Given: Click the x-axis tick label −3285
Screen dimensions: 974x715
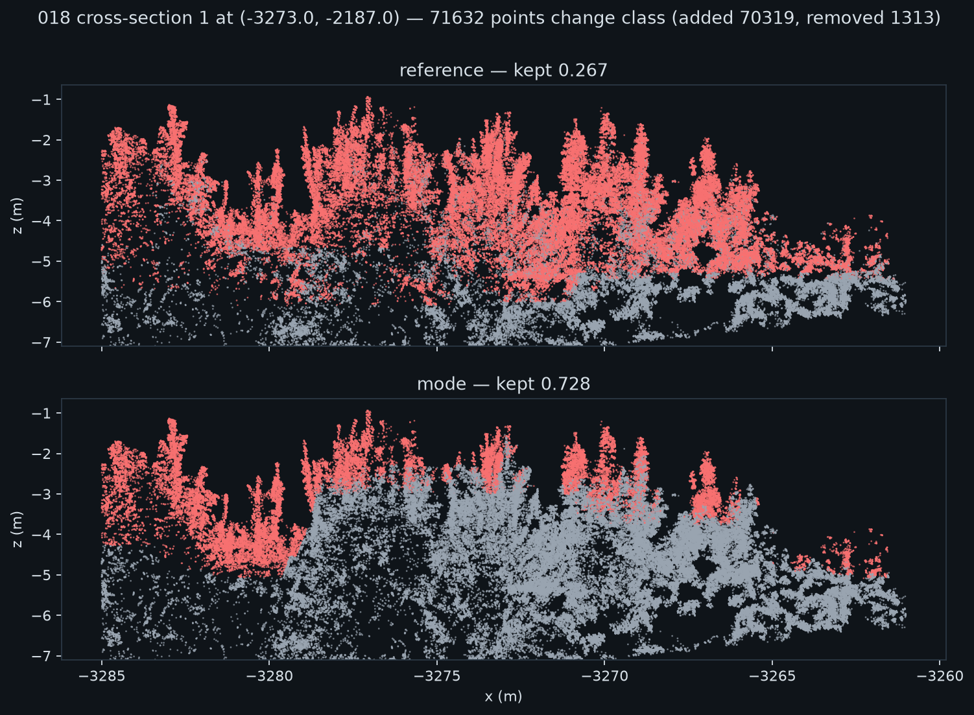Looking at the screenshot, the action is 102,676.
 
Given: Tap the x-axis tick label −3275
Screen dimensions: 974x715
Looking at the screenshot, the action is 436,676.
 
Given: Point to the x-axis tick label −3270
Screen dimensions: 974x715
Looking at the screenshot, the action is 604,676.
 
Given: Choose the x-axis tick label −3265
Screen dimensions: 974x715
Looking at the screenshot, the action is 772,676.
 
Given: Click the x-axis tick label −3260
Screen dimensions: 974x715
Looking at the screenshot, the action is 940,676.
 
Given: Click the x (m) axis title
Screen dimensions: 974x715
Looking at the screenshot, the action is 503,697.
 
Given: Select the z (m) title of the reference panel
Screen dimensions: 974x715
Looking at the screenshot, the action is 18,216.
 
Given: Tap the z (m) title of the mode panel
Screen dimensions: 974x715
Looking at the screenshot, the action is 18,529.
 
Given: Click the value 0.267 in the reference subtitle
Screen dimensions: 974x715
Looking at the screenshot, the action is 583,71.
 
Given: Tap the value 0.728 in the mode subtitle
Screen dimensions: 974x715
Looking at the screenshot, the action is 565,384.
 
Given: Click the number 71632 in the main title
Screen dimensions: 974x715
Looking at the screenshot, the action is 457,18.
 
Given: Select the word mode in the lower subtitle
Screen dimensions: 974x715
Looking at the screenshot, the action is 442,384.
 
